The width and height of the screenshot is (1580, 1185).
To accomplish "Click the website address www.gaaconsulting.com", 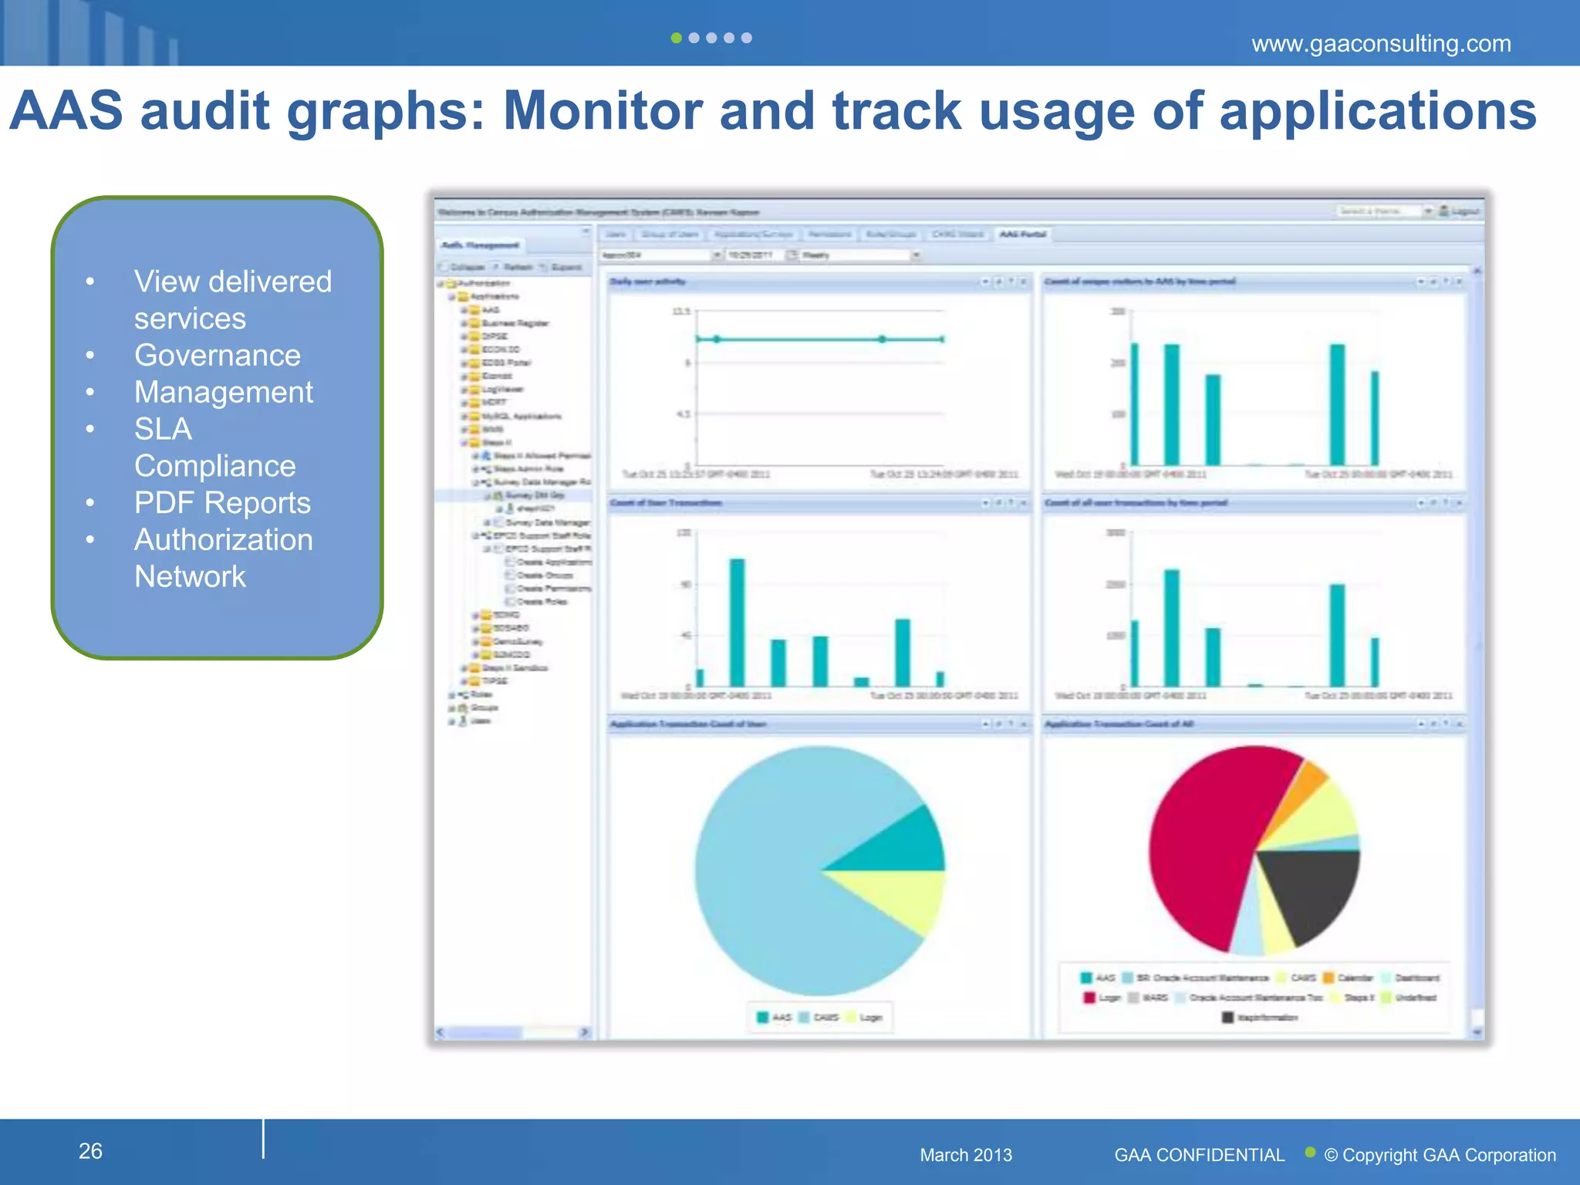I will (x=1381, y=43).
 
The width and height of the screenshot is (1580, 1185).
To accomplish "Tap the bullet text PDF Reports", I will (x=222, y=503).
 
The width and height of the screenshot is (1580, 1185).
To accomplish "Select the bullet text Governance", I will (x=217, y=356).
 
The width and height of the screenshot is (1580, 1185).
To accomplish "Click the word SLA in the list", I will (x=163, y=429).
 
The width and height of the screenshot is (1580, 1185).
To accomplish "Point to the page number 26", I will (x=90, y=1151).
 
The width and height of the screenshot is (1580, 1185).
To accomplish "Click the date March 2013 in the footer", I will (x=965, y=1155).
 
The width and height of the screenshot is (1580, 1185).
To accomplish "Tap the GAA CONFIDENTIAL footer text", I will (x=1199, y=1155).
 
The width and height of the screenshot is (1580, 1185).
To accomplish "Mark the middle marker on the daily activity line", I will (x=882, y=339).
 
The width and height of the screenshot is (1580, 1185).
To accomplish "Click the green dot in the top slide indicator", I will (x=676, y=38).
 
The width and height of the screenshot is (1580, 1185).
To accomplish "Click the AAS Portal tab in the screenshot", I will (x=1022, y=234).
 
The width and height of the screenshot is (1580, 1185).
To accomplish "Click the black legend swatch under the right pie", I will (x=1227, y=1018).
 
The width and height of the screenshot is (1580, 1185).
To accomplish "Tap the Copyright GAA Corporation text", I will (x=1440, y=1155).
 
